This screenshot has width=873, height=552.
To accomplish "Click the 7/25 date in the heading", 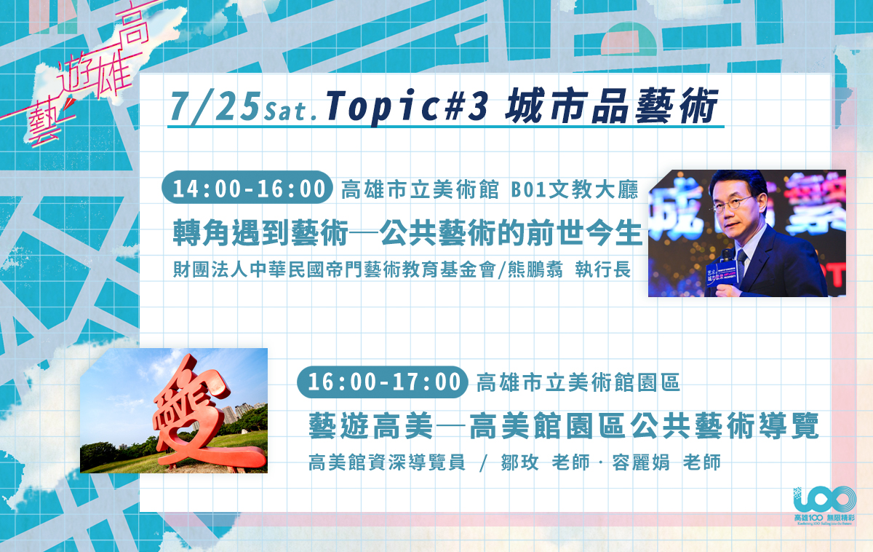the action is (x=215, y=107).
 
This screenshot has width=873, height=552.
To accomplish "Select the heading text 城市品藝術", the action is (x=612, y=106).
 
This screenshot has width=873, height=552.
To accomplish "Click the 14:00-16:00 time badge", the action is (x=247, y=188).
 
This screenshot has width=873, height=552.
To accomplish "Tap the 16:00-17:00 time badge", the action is (x=383, y=382).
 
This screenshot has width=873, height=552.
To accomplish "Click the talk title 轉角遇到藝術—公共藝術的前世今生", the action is (x=407, y=232).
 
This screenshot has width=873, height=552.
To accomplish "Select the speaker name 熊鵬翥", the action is (x=535, y=269).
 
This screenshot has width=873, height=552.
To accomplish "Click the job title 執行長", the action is (x=602, y=269).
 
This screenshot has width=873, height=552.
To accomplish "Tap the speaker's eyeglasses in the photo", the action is (x=733, y=204).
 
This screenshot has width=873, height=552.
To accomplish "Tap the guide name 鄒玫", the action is (x=519, y=462).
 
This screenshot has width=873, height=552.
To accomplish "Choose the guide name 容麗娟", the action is (x=641, y=462).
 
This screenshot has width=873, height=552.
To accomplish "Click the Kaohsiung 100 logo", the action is (x=825, y=505).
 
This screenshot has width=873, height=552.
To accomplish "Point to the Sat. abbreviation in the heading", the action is (x=290, y=111).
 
